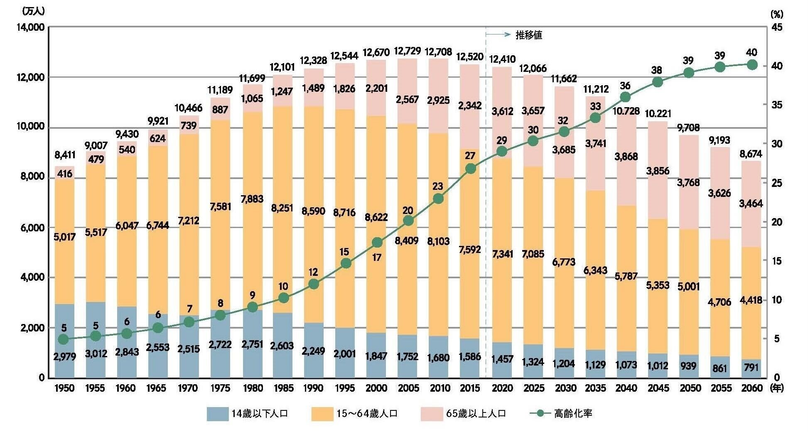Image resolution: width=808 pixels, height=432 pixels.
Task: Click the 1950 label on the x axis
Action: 64,388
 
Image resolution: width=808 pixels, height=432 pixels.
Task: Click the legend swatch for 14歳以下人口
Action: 217,414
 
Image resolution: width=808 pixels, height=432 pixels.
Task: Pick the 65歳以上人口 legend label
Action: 476,414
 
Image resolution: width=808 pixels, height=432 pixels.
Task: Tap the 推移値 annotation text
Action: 529,35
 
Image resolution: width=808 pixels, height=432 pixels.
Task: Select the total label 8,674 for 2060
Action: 751,154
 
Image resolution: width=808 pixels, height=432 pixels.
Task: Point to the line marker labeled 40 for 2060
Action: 752,65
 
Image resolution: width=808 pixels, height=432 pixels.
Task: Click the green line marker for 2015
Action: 470,169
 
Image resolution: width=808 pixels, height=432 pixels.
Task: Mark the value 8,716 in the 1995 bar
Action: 345,213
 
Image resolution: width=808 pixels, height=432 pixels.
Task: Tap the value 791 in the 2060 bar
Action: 751,368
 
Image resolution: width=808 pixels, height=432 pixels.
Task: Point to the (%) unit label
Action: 776,14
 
